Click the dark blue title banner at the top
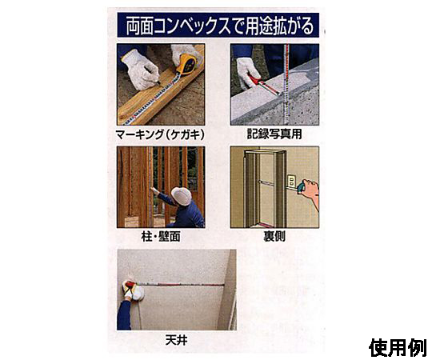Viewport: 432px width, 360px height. [x=218, y=25]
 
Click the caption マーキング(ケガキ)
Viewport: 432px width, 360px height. [x=160, y=134]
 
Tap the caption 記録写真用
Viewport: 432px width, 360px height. [x=274, y=134]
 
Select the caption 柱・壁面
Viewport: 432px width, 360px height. [x=161, y=236]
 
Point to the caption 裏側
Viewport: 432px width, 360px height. [x=274, y=236]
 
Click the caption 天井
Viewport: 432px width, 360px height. [x=177, y=340]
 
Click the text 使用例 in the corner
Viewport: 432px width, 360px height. [x=398, y=348]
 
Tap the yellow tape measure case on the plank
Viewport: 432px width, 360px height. [x=187, y=65]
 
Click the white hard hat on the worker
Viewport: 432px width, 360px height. [x=181, y=196]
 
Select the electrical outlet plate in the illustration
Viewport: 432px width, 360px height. [x=291, y=182]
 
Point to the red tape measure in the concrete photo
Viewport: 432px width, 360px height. [x=266, y=85]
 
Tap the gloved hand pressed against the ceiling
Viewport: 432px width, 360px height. [x=133, y=290]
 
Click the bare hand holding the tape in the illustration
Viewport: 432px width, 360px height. [x=310, y=191]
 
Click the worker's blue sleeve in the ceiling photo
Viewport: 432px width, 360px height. [x=124, y=315]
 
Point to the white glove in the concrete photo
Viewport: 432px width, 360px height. [x=247, y=71]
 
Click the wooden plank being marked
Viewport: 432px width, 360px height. [x=162, y=87]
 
